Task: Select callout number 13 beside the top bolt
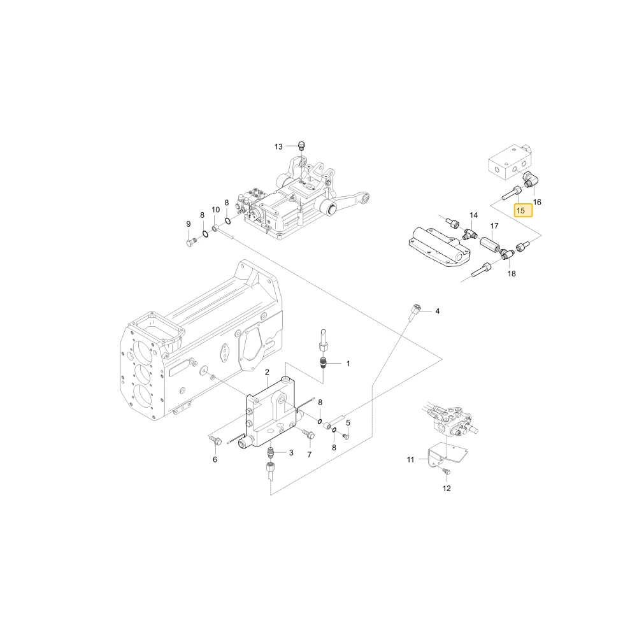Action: click(x=278, y=147)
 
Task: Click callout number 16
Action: click(x=537, y=202)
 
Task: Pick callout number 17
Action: click(x=494, y=226)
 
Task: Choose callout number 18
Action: click(x=512, y=273)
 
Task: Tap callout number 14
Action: click(x=474, y=215)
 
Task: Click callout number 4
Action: click(x=437, y=311)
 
